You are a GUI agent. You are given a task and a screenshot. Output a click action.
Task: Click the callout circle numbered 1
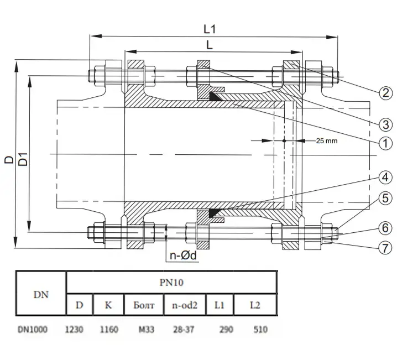pyautogui.click(x=385, y=143)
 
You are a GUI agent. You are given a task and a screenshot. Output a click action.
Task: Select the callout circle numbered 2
pyautogui.click(x=385, y=93)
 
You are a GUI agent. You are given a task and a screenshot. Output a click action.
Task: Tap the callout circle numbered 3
pyautogui.click(x=385, y=124)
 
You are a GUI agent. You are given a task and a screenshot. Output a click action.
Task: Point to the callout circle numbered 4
pyautogui.click(x=385, y=177)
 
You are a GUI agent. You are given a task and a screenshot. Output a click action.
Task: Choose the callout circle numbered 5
pyautogui.click(x=385, y=198)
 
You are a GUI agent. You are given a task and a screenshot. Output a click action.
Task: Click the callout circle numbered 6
pyautogui.click(x=385, y=228)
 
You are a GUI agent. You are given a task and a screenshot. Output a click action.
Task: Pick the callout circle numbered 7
pyautogui.click(x=385, y=248)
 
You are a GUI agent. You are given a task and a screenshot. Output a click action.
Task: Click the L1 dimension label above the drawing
pyautogui.click(x=210, y=29)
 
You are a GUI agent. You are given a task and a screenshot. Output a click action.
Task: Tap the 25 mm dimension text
pyautogui.click(x=327, y=141)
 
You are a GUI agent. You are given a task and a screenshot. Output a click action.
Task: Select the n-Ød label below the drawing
pyautogui.click(x=183, y=255)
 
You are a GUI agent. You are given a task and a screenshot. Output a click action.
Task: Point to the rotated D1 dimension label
pyautogui.click(x=23, y=159)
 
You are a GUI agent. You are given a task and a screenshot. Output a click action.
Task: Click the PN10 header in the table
pyautogui.click(x=171, y=282)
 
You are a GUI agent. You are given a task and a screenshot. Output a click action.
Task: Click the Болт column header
pyautogui.click(x=144, y=305)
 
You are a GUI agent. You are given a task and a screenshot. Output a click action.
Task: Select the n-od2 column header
pyautogui.click(x=185, y=305)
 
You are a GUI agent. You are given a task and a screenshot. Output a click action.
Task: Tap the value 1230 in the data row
pyautogui.click(x=74, y=330)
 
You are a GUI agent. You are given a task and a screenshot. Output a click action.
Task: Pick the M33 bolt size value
pyautogui.click(x=147, y=330)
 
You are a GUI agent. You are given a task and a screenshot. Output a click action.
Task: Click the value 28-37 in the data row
pyautogui.click(x=184, y=330)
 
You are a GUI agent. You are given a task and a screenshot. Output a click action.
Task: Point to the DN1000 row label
pyautogui.click(x=33, y=330)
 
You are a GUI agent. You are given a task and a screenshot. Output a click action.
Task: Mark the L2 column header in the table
pyautogui.click(x=255, y=305)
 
